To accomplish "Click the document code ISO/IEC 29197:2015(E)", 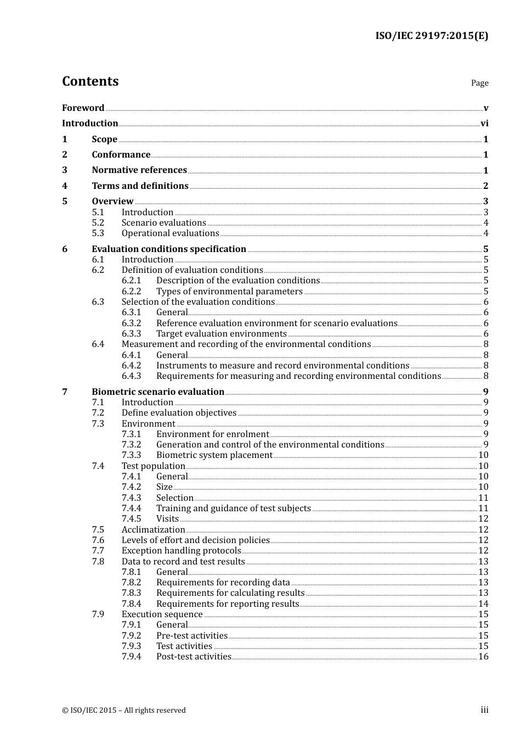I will pyautogui.click(x=432, y=36).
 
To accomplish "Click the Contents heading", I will pyautogui.click(x=90, y=81).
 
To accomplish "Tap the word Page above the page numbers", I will pyautogui.click(x=479, y=83).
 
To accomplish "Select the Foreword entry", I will pyautogui.click(x=83, y=108).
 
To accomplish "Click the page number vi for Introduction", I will pyautogui.click(x=484, y=124).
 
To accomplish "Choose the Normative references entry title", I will pyautogui.click(x=139, y=170).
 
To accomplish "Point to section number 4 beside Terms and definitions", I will pyautogui.click(x=65, y=186).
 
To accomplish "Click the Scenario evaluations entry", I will pyautogui.click(x=163, y=223).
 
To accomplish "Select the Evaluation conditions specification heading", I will pyautogui.click(x=169, y=249).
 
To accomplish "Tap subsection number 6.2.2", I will pyautogui.click(x=131, y=292).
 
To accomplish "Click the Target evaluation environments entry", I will pyautogui.click(x=221, y=334).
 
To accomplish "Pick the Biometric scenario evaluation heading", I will pyautogui.click(x=158, y=392).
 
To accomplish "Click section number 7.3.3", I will pyautogui.click(x=131, y=455).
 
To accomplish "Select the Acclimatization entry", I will pyautogui.click(x=153, y=530).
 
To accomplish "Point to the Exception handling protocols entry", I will pyautogui.click(x=181, y=551).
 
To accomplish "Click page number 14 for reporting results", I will pyautogui.click(x=483, y=604).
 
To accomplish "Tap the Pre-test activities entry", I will pyautogui.click(x=191, y=636).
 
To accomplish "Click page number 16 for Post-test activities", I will pyautogui.click(x=483, y=657).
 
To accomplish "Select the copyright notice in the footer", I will pyautogui.click(x=123, y=711).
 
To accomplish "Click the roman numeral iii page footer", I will pyautogui.click(x=484, y=710).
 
